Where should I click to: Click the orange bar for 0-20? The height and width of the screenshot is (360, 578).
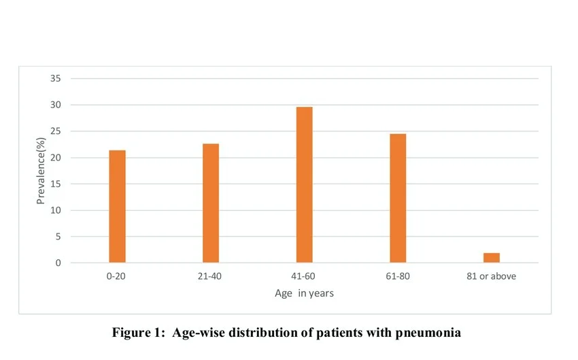point(117,206)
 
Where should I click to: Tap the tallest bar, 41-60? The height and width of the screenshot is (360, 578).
point(305,184)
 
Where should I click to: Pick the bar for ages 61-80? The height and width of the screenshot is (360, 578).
point(398,198)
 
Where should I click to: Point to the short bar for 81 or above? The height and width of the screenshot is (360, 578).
point(492,258)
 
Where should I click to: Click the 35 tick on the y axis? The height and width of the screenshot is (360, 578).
point(56,79)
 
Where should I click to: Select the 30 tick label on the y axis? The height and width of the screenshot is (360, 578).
point(56,105)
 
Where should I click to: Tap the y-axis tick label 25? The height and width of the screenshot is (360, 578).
point(56,131)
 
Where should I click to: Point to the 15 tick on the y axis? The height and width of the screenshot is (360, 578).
point(56,184)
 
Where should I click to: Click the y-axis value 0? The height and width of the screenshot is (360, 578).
point(58,263)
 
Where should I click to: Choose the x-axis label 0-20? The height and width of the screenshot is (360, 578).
point(117,277)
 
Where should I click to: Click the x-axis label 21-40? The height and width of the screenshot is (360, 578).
point(211,277)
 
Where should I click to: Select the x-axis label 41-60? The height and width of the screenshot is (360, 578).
point(305,277)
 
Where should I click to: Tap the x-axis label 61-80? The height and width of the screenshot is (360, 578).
point(398,277)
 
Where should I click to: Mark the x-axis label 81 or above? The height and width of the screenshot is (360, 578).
point(492,277)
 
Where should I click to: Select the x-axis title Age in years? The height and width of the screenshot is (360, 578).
point(304,293)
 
